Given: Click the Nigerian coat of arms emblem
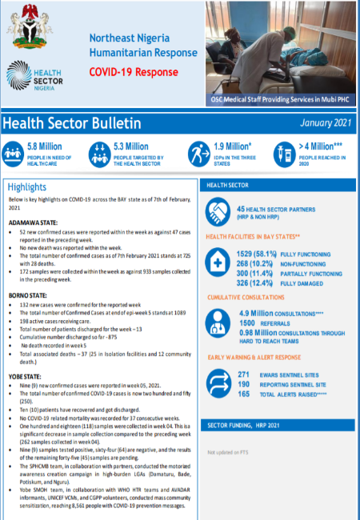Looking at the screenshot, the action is pyautogui.click(x=29, y=26).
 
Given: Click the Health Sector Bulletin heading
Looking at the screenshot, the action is pyautogui.click(x=72, y=124).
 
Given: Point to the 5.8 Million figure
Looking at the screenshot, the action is pyautogui.click(x=44, y=146).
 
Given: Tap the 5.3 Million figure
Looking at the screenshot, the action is pyautogui.click(x=131, y=146).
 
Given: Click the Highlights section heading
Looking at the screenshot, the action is pyautogui.click(x=26, y=186).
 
